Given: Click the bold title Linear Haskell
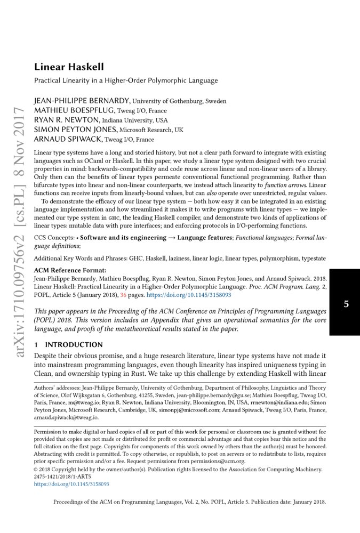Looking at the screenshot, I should tap(69, 67).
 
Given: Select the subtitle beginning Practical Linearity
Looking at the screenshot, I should tap(126, 81).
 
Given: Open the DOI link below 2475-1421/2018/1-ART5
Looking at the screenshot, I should tap(71, 484).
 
